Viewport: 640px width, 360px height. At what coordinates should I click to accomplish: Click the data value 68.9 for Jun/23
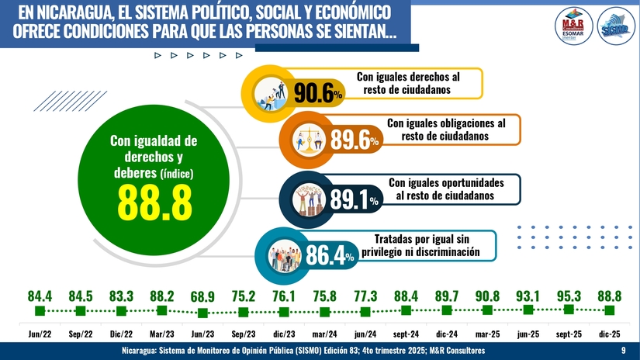(x=202, y=296)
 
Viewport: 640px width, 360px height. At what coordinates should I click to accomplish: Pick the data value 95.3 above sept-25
(x=569, y=296)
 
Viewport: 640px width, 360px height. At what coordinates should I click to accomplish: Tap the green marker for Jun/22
(x=40, y=311)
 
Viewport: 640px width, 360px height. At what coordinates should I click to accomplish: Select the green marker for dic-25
(x=610, y=310)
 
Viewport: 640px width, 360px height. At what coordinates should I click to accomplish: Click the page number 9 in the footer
(x=624, y=351)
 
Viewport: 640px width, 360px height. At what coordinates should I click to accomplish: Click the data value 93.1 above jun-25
(x=528, y=296)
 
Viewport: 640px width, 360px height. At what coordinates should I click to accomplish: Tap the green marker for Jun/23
(x=202, y=313)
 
